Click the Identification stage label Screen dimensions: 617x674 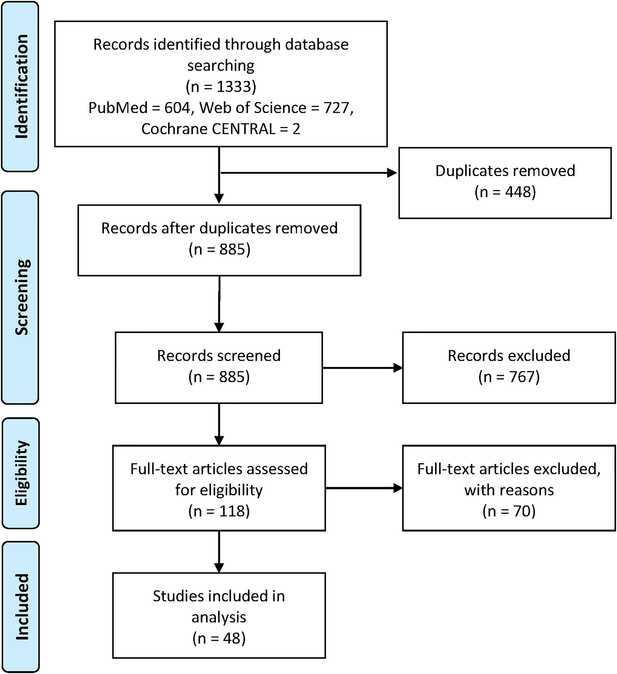click(x=22, y=86)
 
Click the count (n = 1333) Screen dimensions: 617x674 click(x=221, y=87)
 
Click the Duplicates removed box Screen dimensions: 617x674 click(x=505, y=183)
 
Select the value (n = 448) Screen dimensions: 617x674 click(x=505, y=192)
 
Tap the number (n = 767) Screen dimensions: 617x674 click(x=509, y=377)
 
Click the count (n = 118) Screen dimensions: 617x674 click(x=219, y=511)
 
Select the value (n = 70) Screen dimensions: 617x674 click(x=509, y=511)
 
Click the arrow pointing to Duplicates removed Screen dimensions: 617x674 click(x=309, y=173)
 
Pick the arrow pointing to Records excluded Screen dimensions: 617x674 click(x=363, y=368)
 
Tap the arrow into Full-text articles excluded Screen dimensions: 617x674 click(x=364, y=488)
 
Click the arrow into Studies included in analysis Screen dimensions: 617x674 click(x=219, y=552)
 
